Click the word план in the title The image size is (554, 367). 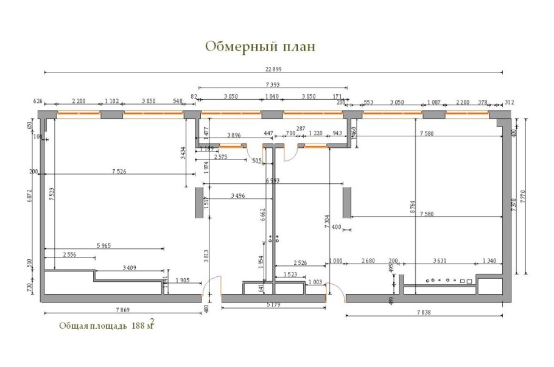(x=298, y=47)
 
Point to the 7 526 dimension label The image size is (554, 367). (x=119, y=172)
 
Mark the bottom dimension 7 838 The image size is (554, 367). (x=426, y=312)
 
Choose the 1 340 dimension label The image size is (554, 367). (x=489, y=261)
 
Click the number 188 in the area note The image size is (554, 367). (x=138, y=326)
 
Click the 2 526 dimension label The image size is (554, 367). (x=300, y=262)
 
